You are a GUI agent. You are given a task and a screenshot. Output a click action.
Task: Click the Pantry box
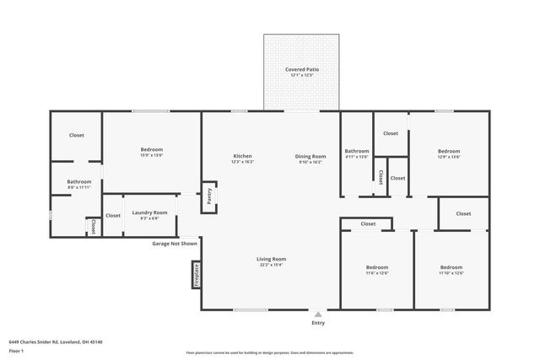click(208, 196)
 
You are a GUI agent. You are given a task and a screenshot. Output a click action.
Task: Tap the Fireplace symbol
click(195, 275)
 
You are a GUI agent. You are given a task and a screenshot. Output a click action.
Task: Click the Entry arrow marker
click(317, 314)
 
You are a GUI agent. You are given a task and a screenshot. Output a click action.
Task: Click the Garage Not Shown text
click(175, 243)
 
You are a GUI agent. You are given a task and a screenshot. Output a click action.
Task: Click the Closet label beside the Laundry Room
click(113, 216)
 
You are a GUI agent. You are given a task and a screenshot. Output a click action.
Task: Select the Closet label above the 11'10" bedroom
click(463, 214)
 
